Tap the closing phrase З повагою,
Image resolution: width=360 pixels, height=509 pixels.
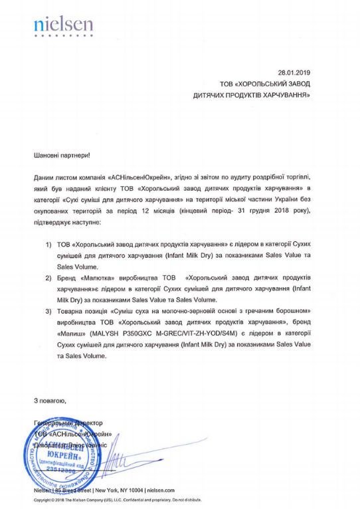[50, 401]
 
